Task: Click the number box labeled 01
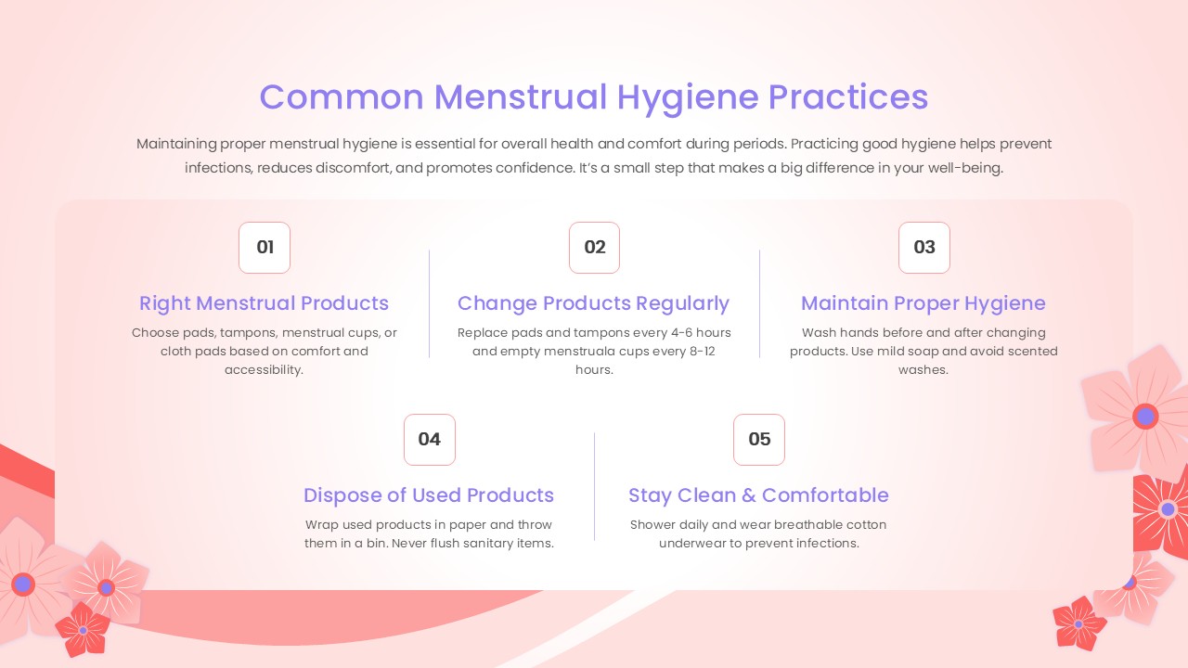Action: click(x=265, y=248)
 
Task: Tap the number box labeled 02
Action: click(x=595, y=248)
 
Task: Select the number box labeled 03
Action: click(x=924, y=248)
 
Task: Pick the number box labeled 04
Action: click(x=430, y=440)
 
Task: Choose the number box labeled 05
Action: click(x=759, y=440)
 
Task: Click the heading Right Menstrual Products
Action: click(x=265, y=303)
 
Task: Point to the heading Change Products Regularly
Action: click(x=593, y=303)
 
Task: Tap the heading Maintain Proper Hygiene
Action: click(x=923, y=303)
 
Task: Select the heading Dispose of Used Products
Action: click(x=429, y=495)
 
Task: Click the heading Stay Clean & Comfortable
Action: click(x=758, y=495)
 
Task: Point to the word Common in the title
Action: click(x=342, y=97)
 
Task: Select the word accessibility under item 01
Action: click(x=264, y=370)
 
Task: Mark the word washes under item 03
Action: click(x=923, y=369)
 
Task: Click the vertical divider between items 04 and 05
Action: click(x=595, y=486)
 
